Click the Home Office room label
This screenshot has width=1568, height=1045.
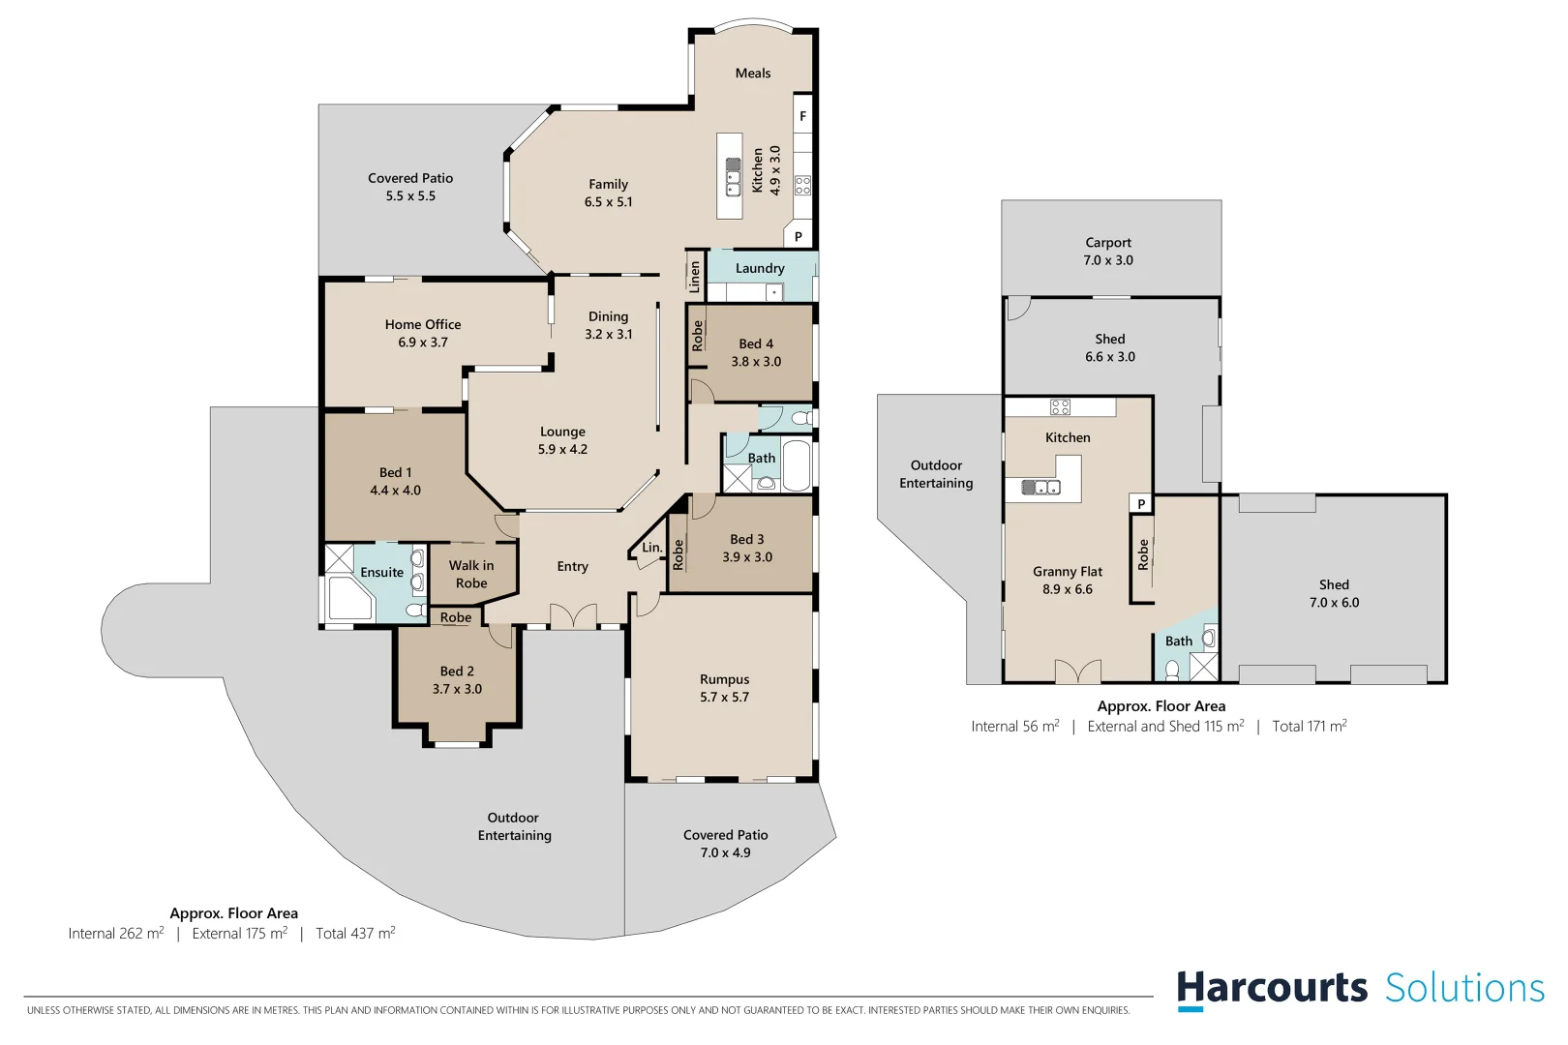pyautogui.click(x=423, y=324)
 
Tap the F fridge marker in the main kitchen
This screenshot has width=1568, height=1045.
pyautogui.click(x=802, y=116)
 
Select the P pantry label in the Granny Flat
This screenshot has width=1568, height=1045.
pyautogui.click(x=1141, y=503)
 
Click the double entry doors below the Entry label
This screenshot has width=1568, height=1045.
pyautogui.click(x=573, y=616)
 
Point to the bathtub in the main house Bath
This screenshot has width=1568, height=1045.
pyautogui.click(x=796, y=467)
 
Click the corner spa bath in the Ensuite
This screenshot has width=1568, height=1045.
pyautogui.click(x=348, y=598)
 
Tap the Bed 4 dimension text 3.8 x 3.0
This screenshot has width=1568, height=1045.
pyautogui.click(x=756, y=362)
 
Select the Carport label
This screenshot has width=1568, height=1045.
pyautogui.click(x=1108, y=243)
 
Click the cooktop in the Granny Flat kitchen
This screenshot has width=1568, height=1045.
pyautogui.click(x=1060, y=407)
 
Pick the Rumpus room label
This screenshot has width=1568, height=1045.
pyautogui.click(x=724, y=679)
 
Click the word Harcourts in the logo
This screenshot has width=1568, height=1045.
pyautogui.click(x=1272, y=989)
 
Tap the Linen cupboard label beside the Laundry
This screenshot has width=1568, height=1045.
pyautogui.click(x=695, y=277)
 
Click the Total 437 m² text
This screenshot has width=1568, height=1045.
pyautogui.click(x=355, y=934)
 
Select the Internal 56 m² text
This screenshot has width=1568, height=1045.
pyautogui.click(x=1015, y=727)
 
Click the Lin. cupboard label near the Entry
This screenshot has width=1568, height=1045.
pyautogui.click(x=652, y=548)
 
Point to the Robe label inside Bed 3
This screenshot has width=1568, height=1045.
pyautogui.click(x=678, y=554)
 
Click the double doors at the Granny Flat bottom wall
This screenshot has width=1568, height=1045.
pyautogui.click(x=1077, y=672)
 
